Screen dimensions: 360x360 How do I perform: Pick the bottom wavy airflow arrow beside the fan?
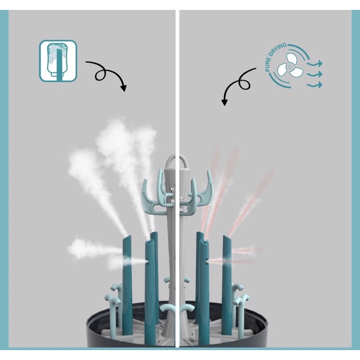(315, 84)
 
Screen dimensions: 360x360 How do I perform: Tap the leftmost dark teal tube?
(127, 279)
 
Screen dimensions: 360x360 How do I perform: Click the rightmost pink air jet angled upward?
(254, 198)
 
